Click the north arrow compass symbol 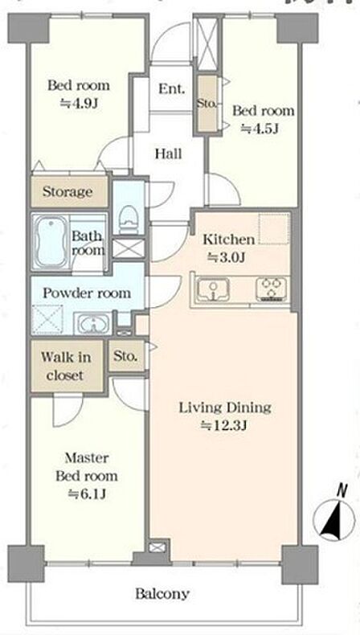tap(333, 518)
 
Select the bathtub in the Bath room tap(51, 241)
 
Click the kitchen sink tap(213, 289)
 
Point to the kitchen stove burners tap(272, 289)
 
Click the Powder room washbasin tap(93, 323)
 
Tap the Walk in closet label tap(66, 366)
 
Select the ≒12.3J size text tap(224, 426)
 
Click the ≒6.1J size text tap(87, 494)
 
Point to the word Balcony tap(162, 594)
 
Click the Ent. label tap(171, 88)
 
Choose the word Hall tap(169, 154)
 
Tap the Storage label tap(67, 191)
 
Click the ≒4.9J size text tap(79, 103)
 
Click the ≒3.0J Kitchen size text tap(227, 257)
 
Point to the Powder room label tap(87, 293)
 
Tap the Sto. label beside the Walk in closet tap(125, 356)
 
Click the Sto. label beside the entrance tap(207, 103)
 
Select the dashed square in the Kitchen tap(274, 229)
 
